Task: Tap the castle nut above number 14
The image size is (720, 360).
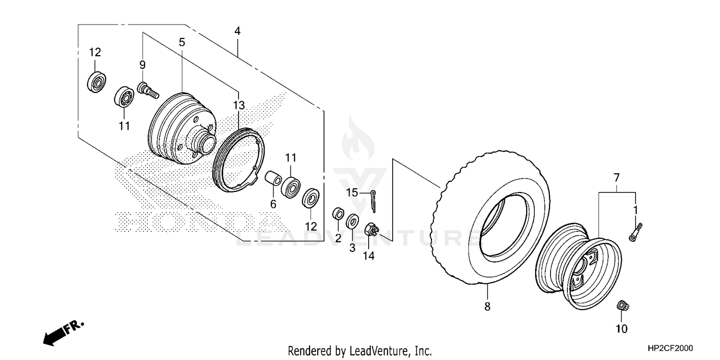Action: click(371, 229)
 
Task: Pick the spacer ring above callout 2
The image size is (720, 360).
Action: click(338, 213)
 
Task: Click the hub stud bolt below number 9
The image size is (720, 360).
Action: click(147, 90)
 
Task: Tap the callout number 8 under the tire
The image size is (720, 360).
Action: click(487, 307)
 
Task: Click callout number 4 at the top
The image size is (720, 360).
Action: click(237, 31)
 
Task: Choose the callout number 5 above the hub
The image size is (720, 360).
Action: click(182, 42)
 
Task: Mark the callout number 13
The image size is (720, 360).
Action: click(239, 105)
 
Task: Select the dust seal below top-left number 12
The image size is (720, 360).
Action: click(97, 82)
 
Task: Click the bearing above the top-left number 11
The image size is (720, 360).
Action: click(124, 97)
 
